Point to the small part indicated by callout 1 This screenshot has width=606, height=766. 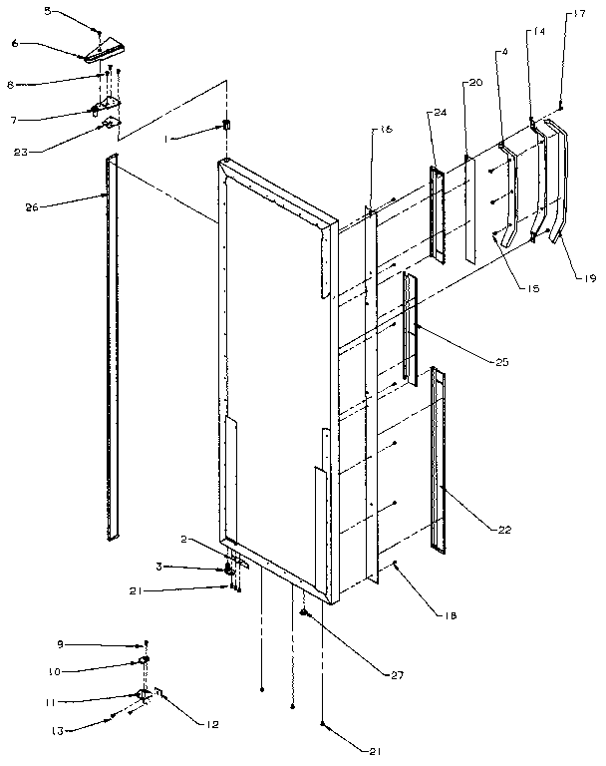[x=226, y=127]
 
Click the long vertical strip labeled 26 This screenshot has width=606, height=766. [x=112, y=349]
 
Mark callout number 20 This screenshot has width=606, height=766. [x=474, y=83]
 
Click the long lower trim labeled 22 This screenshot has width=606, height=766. [x=439, y=459]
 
